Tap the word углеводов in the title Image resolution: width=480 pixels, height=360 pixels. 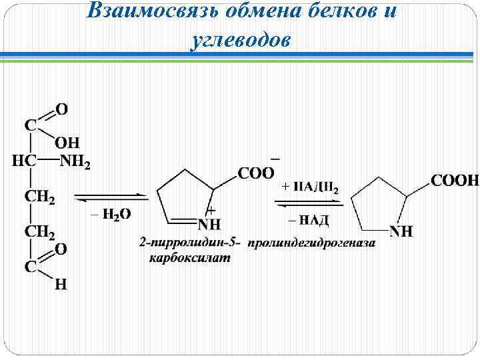[x=240, y=40]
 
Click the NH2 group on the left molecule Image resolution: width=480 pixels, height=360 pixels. [x=75, y=161]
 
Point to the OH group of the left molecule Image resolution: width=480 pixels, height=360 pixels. [x=67, y=141]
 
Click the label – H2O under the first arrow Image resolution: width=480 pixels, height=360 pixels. [x=110, y=213]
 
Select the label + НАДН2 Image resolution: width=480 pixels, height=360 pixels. [x=310, y=188]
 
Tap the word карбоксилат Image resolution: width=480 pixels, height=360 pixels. [x=189, y=258]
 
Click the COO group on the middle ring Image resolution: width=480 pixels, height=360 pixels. [x=257, y=173]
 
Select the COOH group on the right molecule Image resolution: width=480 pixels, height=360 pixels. [x=455, y=180]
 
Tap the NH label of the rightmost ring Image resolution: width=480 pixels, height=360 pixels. [x=401, y=231]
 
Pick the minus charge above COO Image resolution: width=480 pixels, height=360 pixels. [x=275, y=159]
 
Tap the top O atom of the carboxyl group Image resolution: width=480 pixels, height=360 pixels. [x=61, y=108]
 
